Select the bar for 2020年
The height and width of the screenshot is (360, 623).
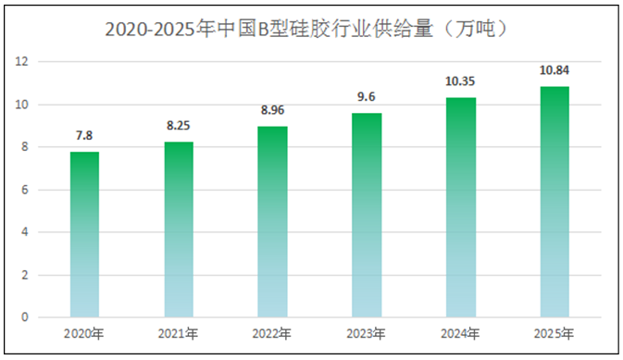(84, 235)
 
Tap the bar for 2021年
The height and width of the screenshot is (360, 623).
(180, 230)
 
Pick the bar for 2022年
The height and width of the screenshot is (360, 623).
(271, 222)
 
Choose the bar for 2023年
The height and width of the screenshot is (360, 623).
(366, 216)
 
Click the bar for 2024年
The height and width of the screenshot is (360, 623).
(460, 207)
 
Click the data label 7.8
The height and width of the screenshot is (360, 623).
(84, 135)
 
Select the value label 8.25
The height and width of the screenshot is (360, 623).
(180, 126)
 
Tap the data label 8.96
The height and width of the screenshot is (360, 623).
(271, 110)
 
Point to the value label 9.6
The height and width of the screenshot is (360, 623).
(366, 97)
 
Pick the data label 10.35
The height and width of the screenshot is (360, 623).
(460, 81)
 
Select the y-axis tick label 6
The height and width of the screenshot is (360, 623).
(25, 190)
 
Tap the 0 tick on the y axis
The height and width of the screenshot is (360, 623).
(25, 317)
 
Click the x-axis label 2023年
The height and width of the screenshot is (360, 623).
(366, 333)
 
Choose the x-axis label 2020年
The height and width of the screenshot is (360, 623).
(84, 333)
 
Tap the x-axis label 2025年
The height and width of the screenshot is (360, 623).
(554, 333)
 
